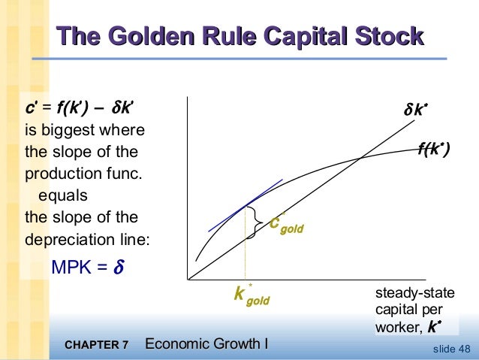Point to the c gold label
[x=286, y=224]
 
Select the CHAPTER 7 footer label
[x=97, y=346]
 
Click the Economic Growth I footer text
[x=206, y=345]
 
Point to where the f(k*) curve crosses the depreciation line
[x=362, y=157]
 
